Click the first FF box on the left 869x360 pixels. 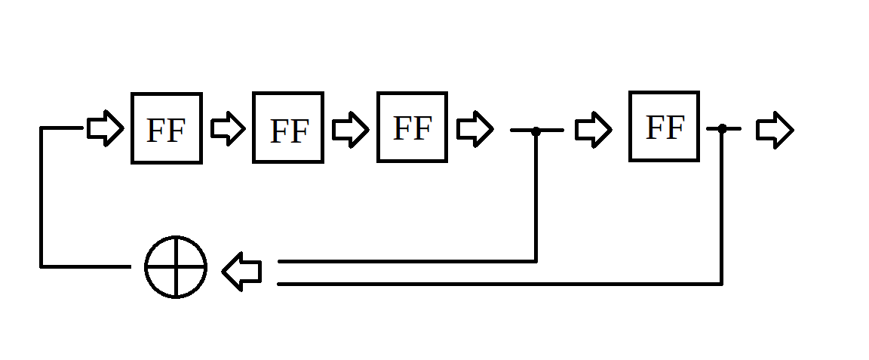point(166,128)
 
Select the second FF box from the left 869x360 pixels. point(288,128)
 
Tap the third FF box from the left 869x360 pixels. point(412,127)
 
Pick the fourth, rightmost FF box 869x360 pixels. point(664,126)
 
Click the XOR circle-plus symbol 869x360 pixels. point(176,267)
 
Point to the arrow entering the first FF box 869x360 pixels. point(105,128)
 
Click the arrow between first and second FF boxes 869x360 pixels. point(228,128)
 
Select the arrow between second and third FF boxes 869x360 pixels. point(350,129)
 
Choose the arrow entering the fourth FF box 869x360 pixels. point(593,129)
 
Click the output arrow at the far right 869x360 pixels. point(775,130)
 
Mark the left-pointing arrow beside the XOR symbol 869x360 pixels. point(242,272)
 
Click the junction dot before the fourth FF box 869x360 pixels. point(536,131)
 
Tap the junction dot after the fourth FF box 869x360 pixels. point(722,129)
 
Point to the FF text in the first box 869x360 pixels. point(166,131)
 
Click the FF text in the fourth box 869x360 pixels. point(665,128)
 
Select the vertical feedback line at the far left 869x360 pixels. point(41,196)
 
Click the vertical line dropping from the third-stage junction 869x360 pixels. point(536,196)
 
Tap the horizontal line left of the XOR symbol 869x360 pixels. point(85,266)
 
